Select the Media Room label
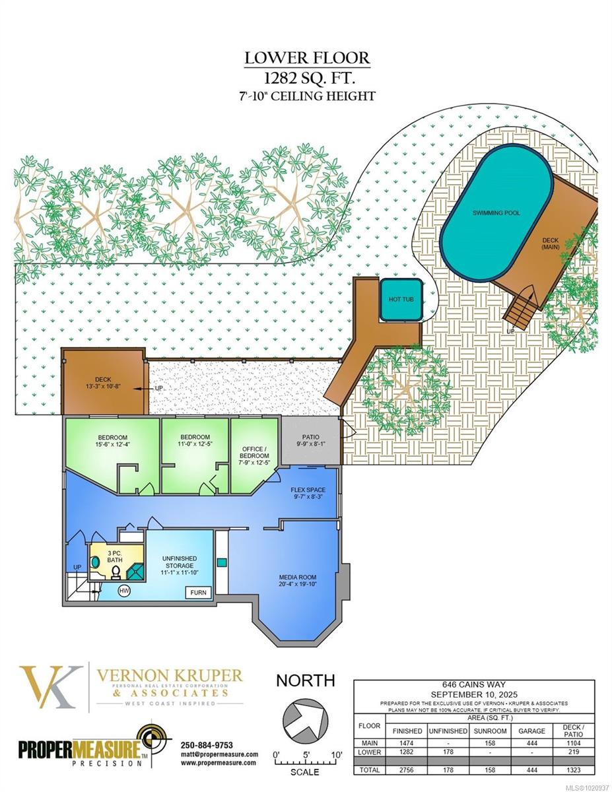pos(298,581)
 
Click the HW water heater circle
pos(123,591)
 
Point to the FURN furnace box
pos(198,593)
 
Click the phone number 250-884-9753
pos(207,745)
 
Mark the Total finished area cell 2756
pos(407,770)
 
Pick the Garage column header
pos(531,731)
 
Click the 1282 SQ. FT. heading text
pos(307,77)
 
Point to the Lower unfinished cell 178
pos(448,752)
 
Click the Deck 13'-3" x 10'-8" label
pos(102,383)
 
